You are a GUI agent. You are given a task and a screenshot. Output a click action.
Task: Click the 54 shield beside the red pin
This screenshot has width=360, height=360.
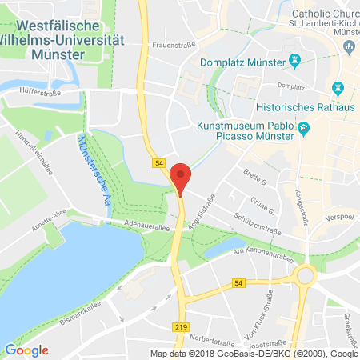[x=158, y=163]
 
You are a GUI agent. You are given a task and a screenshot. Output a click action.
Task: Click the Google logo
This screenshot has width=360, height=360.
[x=26, y=350]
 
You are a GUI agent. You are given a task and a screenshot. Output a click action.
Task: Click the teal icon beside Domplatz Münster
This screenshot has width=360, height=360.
[x=294, y=60]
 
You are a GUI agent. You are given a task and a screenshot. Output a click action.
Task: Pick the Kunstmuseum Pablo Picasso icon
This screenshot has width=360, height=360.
[x=302, y=128]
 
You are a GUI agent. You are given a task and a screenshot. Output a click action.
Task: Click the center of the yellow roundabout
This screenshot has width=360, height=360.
[x=305, y=278]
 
